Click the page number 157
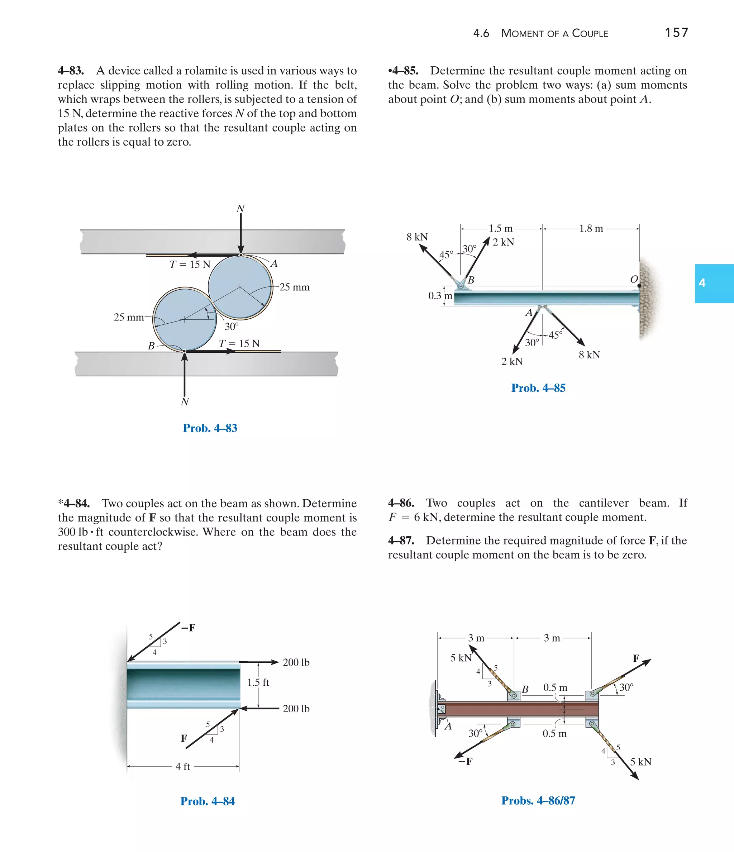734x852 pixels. point(676,33)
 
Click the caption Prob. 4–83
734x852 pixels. point(210,428)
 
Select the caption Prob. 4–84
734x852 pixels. point(207,801)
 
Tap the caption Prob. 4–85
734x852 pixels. point(538,388)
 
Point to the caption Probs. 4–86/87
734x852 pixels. point(538,800)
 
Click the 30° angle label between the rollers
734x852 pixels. point(232,327)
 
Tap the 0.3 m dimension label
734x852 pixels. point(440,296)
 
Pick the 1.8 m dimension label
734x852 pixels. point(591,228)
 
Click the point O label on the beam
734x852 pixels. point(634,279)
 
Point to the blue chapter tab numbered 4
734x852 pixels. point(714,283)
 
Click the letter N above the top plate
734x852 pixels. point(240,209)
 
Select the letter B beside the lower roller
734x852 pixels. point(151,346)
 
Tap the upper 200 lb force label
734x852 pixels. point(296,662)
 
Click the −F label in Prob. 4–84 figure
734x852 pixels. point(188,628)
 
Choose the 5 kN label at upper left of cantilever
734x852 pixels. point(461,658)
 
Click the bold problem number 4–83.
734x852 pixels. point(71,71)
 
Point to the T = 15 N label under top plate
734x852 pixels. point(190,265)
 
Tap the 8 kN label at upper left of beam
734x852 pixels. point(417,237)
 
